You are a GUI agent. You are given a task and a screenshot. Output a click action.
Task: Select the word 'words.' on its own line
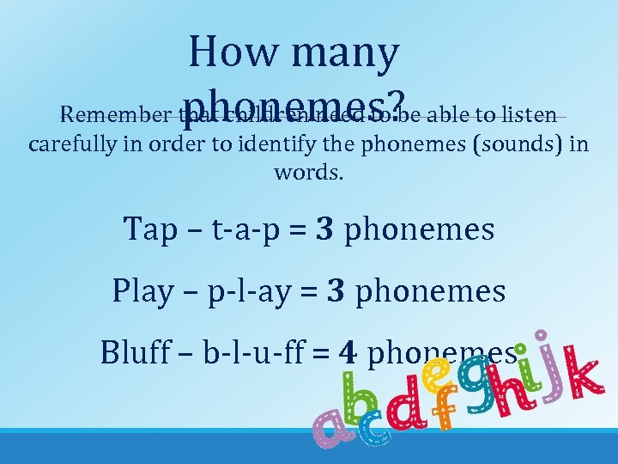point(308,172)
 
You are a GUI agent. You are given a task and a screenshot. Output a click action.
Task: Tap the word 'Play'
point(142,292)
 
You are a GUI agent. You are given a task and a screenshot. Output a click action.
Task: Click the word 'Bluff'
point(133,352)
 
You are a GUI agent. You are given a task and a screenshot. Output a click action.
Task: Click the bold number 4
point(347,352)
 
